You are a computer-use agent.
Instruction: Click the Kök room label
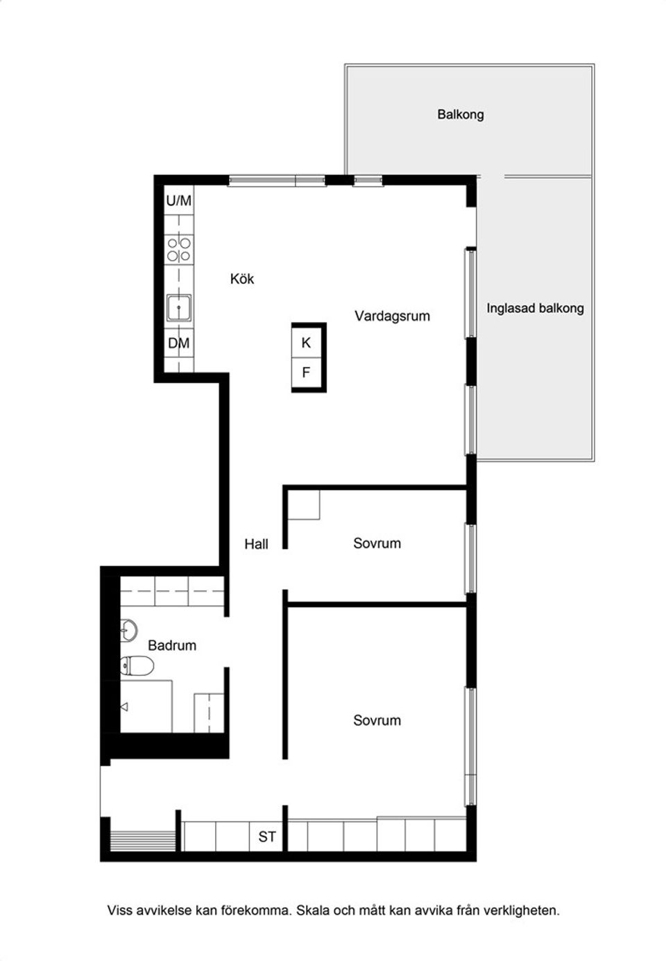pos(242,279)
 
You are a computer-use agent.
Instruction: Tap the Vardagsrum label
pos(392,316)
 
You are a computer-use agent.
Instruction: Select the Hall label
pos(257,544)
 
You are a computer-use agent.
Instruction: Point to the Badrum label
pos(172,645)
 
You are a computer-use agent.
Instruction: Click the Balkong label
pos(461,114)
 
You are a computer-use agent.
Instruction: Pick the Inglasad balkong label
pos(535,308)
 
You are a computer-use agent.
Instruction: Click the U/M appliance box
pos(179,201)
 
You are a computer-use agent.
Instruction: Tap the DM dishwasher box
pos(179,343)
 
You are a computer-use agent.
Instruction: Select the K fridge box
pos(306,342)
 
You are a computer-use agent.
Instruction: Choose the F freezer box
pos(306,372)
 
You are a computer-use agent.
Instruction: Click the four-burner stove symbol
pos(179,249)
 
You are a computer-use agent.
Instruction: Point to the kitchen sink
pos(179,308)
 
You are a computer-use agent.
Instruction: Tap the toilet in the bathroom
pos(137,665)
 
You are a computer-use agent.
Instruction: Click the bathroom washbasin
pos(128,631)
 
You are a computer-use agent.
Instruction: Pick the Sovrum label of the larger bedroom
pos(377,720)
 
